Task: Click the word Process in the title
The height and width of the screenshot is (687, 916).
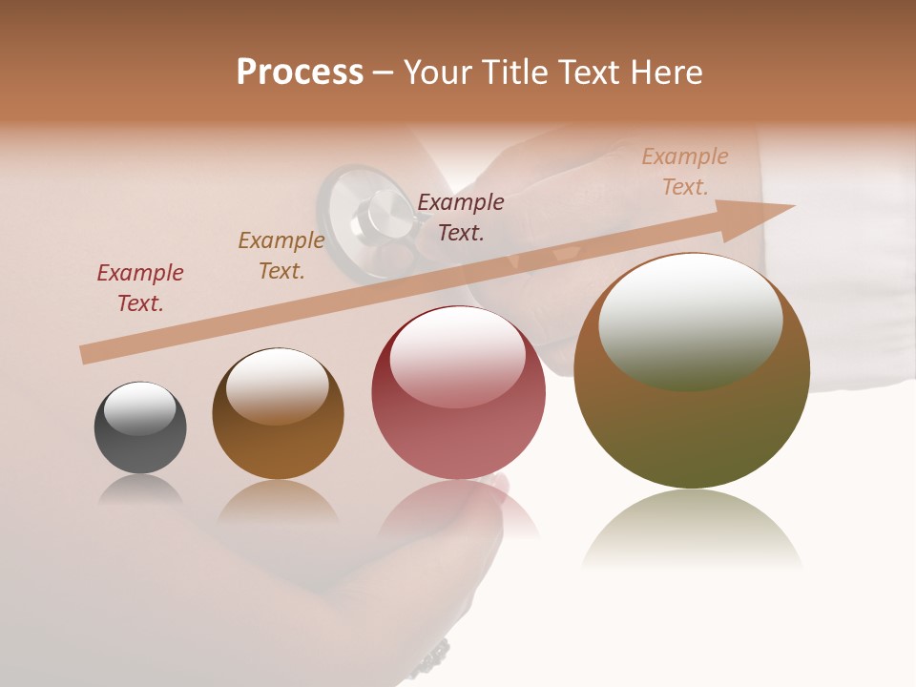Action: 300,73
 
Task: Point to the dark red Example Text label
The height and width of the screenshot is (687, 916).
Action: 140,287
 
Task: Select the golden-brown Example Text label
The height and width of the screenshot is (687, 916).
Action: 281,256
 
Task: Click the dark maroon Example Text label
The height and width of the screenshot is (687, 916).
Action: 461,217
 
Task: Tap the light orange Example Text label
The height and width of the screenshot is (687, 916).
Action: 685,172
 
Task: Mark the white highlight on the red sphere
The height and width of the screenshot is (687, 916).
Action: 457,358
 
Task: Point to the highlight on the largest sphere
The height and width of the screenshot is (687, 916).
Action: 690,320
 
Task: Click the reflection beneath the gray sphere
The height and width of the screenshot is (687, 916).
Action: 140,490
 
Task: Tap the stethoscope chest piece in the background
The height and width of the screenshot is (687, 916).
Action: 367,215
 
